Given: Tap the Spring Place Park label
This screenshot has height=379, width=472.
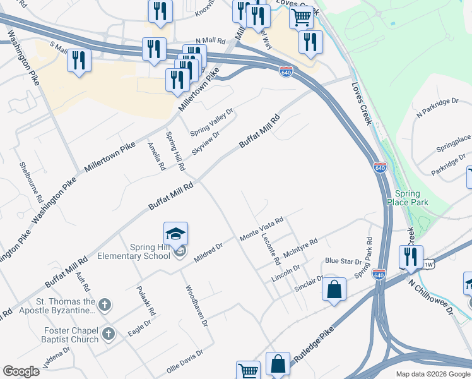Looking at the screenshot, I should [x=411, y=198].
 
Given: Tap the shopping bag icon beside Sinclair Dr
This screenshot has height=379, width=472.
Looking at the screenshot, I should [x=334, y=290].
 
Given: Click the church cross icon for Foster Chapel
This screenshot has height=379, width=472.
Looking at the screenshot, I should [x=108, y=334].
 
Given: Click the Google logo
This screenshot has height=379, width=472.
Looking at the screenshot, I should [x=21, y=371].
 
